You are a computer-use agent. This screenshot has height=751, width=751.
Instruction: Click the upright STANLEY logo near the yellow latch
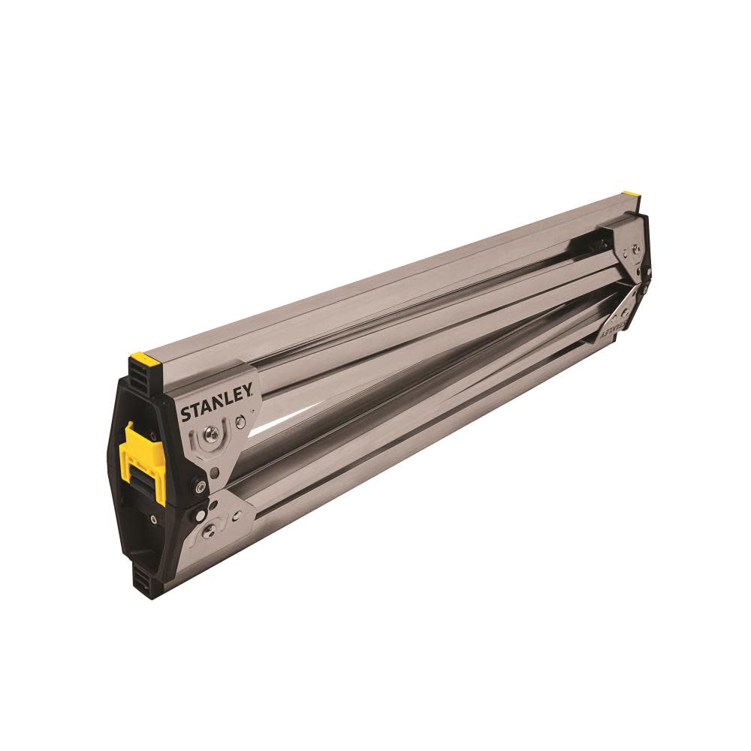(x=219, y=409)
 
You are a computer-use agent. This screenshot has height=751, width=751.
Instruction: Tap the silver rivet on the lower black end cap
(x=154, y=519)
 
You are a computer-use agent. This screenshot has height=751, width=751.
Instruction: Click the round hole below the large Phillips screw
(x=215, y=472)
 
